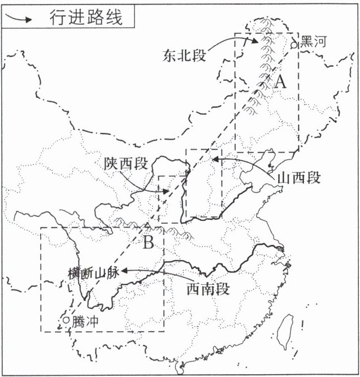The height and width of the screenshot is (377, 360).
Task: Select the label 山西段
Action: (x=299, y=177)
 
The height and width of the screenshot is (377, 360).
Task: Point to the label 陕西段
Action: (x=125, y=164)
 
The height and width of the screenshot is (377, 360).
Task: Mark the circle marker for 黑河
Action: (x=294, y=44)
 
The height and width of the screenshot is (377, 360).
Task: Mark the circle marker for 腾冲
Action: (x=67, y=320)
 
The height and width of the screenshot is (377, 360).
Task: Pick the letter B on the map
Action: (x=148, y=243)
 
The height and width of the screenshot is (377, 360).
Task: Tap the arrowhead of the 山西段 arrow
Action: (x=214, y=159)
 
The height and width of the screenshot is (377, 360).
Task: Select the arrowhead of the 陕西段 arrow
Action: (x=167, y=192)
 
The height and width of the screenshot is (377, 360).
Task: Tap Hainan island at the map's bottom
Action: (x=179, y=369)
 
